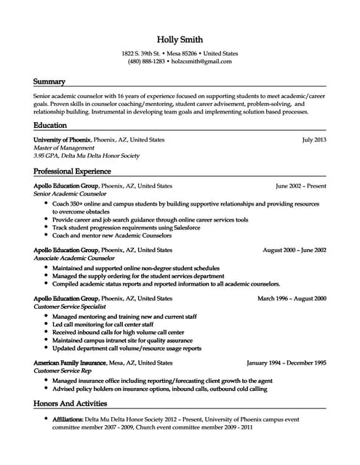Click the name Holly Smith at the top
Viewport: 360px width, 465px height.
[180, 39]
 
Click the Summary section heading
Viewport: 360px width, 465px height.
[49, 81]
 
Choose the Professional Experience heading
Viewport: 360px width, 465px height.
[72, 171]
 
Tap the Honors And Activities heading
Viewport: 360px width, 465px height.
[70, 403]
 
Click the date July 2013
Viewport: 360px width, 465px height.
[314, 139]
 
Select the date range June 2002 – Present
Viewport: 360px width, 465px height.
[301, 186]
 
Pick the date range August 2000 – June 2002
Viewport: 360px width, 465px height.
[294, 250]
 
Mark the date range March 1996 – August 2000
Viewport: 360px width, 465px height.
[292, 299]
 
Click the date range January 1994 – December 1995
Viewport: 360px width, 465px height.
[287, 362]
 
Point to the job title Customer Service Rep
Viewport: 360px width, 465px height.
[61, 371]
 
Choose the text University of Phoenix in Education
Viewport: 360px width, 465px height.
[62, 139]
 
